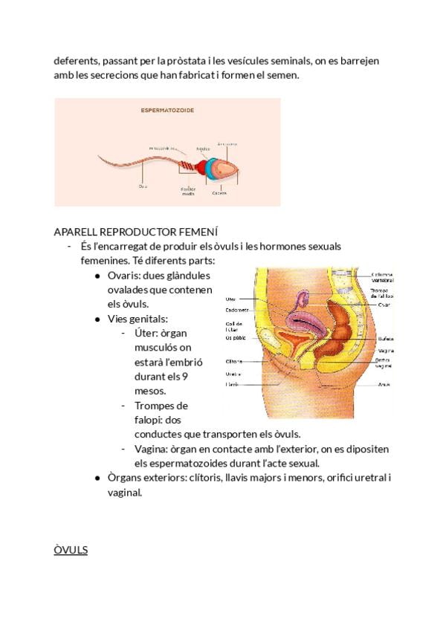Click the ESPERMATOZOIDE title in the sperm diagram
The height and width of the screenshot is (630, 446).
pyautogui.click(x=167, y=110)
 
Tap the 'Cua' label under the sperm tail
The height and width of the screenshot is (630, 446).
pyautogui.click(x=143, y=186)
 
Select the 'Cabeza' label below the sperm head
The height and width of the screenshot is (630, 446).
pyautogui.click(x=219, y=192)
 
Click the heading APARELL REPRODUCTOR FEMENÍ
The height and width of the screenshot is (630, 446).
pyautogui.click(x=135, y=232)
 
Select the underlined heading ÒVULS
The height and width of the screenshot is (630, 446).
pyautogui.click(x=71, y=550)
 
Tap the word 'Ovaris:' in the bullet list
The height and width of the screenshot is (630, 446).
pyautogui.click(x=123, y=275)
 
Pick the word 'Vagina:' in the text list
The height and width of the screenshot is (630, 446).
pyautogui.click(x=153, y=449)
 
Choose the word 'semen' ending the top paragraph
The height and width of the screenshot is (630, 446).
pyautogui.click(x=282, y=75)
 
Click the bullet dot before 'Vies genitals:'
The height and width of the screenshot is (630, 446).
pyautogui.click(x=98, y=319)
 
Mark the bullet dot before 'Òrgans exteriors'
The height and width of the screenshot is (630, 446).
pyautogui.click(x=98, y=478)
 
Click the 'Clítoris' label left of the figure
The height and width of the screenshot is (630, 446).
pyautogui.click(x=233, y=362)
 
